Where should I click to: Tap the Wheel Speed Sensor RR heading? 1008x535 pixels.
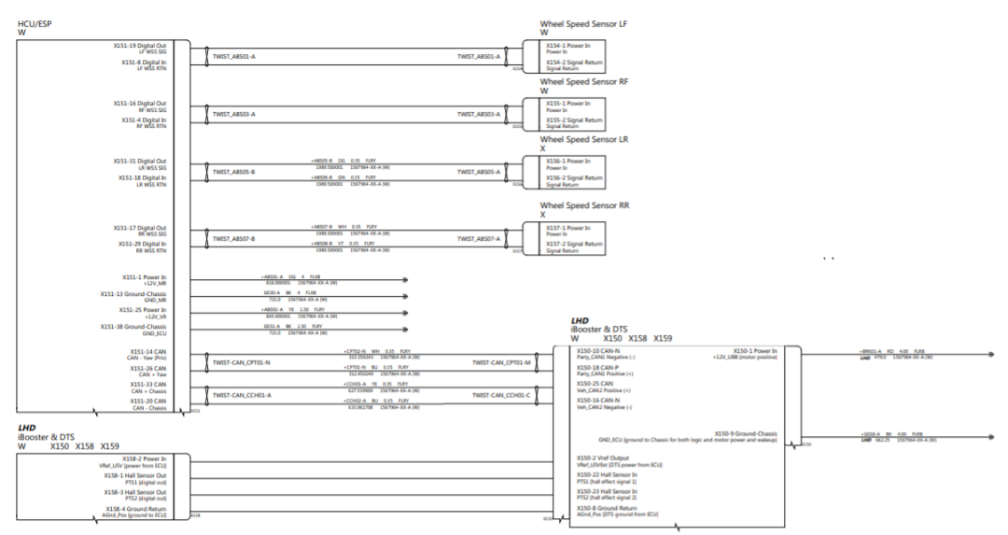point(583,205)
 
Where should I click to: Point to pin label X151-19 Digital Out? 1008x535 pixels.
point(140,45)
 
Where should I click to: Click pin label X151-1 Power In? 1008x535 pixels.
point(144,277)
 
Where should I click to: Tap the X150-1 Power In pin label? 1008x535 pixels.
point(753,351)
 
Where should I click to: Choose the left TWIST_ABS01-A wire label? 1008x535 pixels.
point(234,56)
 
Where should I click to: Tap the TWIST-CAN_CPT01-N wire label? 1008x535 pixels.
point(241,362)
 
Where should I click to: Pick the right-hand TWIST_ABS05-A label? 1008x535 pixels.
point(479,172)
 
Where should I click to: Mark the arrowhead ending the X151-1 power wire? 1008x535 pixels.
point(405,279)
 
